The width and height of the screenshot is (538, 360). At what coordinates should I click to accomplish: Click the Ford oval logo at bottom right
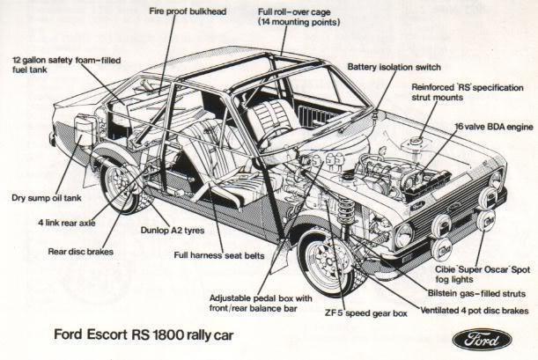482,340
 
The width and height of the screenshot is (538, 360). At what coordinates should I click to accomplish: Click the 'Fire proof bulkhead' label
188,11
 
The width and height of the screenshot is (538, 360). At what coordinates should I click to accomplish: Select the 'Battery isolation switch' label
394,67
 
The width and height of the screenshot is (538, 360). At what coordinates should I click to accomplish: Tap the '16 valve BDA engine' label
494,127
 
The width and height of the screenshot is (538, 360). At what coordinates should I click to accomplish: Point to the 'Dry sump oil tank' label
47,198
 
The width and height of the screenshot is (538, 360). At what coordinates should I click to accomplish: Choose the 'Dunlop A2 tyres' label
173,230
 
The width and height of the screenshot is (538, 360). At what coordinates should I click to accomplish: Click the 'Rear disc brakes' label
80,252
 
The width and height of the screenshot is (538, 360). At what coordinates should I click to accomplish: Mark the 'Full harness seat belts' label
219,255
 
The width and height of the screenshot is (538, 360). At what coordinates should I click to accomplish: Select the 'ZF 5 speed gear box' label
366,313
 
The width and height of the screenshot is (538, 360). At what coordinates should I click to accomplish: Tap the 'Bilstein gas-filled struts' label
476,293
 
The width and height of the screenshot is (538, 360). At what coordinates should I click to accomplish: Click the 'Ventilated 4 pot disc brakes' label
475,311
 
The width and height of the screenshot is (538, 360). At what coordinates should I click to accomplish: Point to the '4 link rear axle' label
67,223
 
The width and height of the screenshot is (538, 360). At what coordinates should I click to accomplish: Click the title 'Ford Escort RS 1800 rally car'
144,335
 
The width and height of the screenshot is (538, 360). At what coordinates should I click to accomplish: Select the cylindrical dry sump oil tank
83,131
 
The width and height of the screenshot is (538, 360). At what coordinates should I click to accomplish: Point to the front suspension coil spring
345,209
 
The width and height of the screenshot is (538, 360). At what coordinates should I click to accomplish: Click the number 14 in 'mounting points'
266,22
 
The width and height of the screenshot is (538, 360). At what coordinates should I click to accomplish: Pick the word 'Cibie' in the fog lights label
445,269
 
